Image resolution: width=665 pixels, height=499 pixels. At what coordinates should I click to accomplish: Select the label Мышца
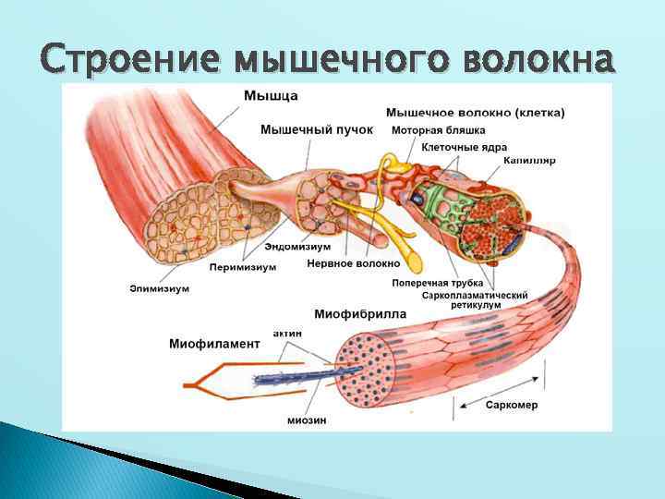[x=272, y=95]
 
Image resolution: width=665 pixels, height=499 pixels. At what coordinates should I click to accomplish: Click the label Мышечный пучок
[x=317, y=130]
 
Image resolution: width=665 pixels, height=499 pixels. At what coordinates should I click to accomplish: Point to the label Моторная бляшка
[x=438, y=130]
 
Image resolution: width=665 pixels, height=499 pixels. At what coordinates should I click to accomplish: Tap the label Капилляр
[x=529, y=161]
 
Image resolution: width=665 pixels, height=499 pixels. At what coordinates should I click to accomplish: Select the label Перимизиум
[x=243, y=267]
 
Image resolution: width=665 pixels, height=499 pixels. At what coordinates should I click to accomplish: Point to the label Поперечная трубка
[x=433, y=283]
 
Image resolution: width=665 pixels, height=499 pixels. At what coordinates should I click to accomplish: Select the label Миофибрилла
[x=360, y=314]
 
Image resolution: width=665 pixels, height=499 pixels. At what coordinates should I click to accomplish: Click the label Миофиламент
[x=214, y=344]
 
